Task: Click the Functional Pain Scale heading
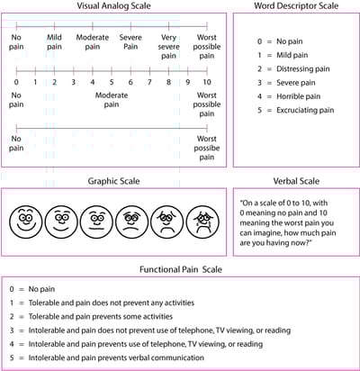pyautogui.click(x=179, y=268)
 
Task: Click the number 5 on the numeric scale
pyautogui.click(x=112, y=83)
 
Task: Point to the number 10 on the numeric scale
pyautogui.click(x=206, y=83)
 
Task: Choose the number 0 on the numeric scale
pyautogui.click(x=16, y=83)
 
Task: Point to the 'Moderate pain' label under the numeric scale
pyautogui.click(x=112, y=99)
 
